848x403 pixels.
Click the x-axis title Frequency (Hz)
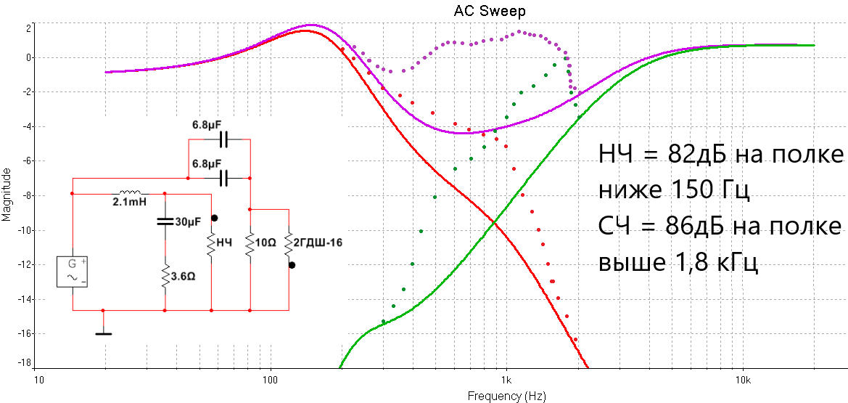(506, 396)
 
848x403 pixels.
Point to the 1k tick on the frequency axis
(506, 380)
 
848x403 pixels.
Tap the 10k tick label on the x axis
(742, 380)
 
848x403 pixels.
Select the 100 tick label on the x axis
(271, 380)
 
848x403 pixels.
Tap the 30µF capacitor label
(188, 222)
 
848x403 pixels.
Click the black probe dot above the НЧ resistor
(215, 218)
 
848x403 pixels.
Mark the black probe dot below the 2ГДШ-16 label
(292, 266)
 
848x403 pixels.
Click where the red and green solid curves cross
(495, 221)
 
